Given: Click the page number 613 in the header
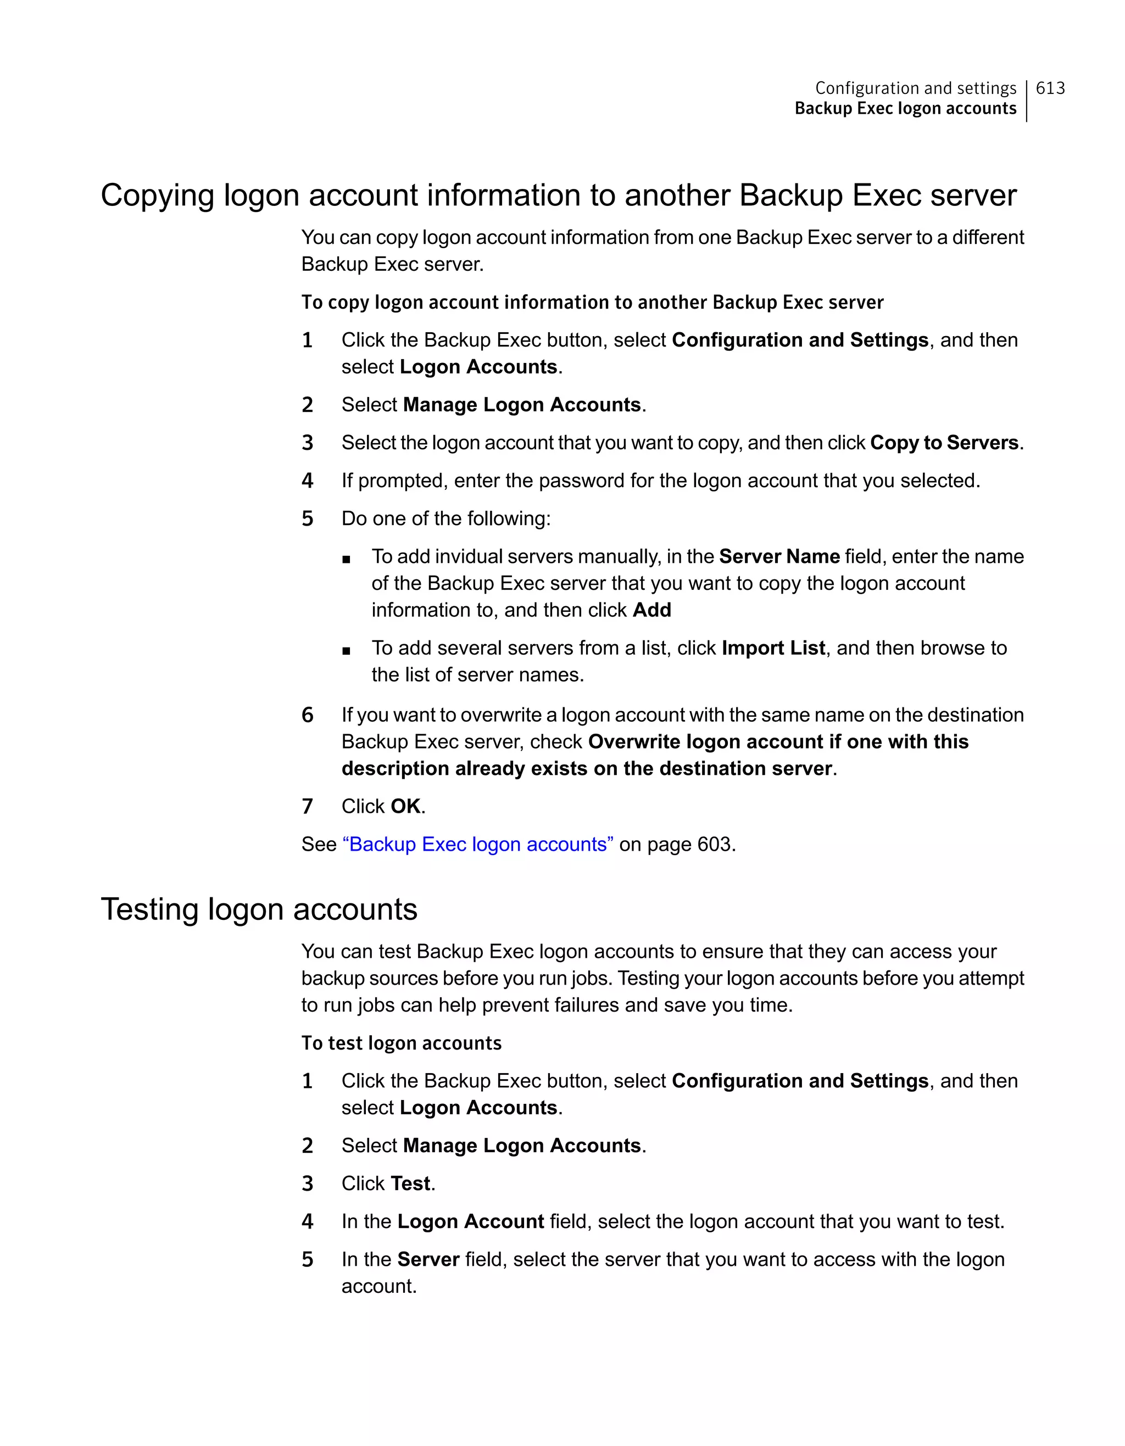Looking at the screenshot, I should pos(1050,88).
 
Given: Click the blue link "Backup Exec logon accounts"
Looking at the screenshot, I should pos(477,844).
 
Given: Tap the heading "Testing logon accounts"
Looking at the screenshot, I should pos(259,909).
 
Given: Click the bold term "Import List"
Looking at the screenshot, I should pos(773,647).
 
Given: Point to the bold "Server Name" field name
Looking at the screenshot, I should pos(779,556).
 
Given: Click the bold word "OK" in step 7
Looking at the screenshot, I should pos(405,806).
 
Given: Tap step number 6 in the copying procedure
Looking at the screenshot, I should pos(307,715).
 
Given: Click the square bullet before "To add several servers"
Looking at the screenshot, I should pos(346,651).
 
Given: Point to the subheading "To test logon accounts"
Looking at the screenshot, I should pos(401,1043).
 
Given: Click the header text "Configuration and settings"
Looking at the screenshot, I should pos(915,88).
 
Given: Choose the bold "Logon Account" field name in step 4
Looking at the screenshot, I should pos(470,1221).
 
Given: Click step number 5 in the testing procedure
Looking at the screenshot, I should pos(307,1259).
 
